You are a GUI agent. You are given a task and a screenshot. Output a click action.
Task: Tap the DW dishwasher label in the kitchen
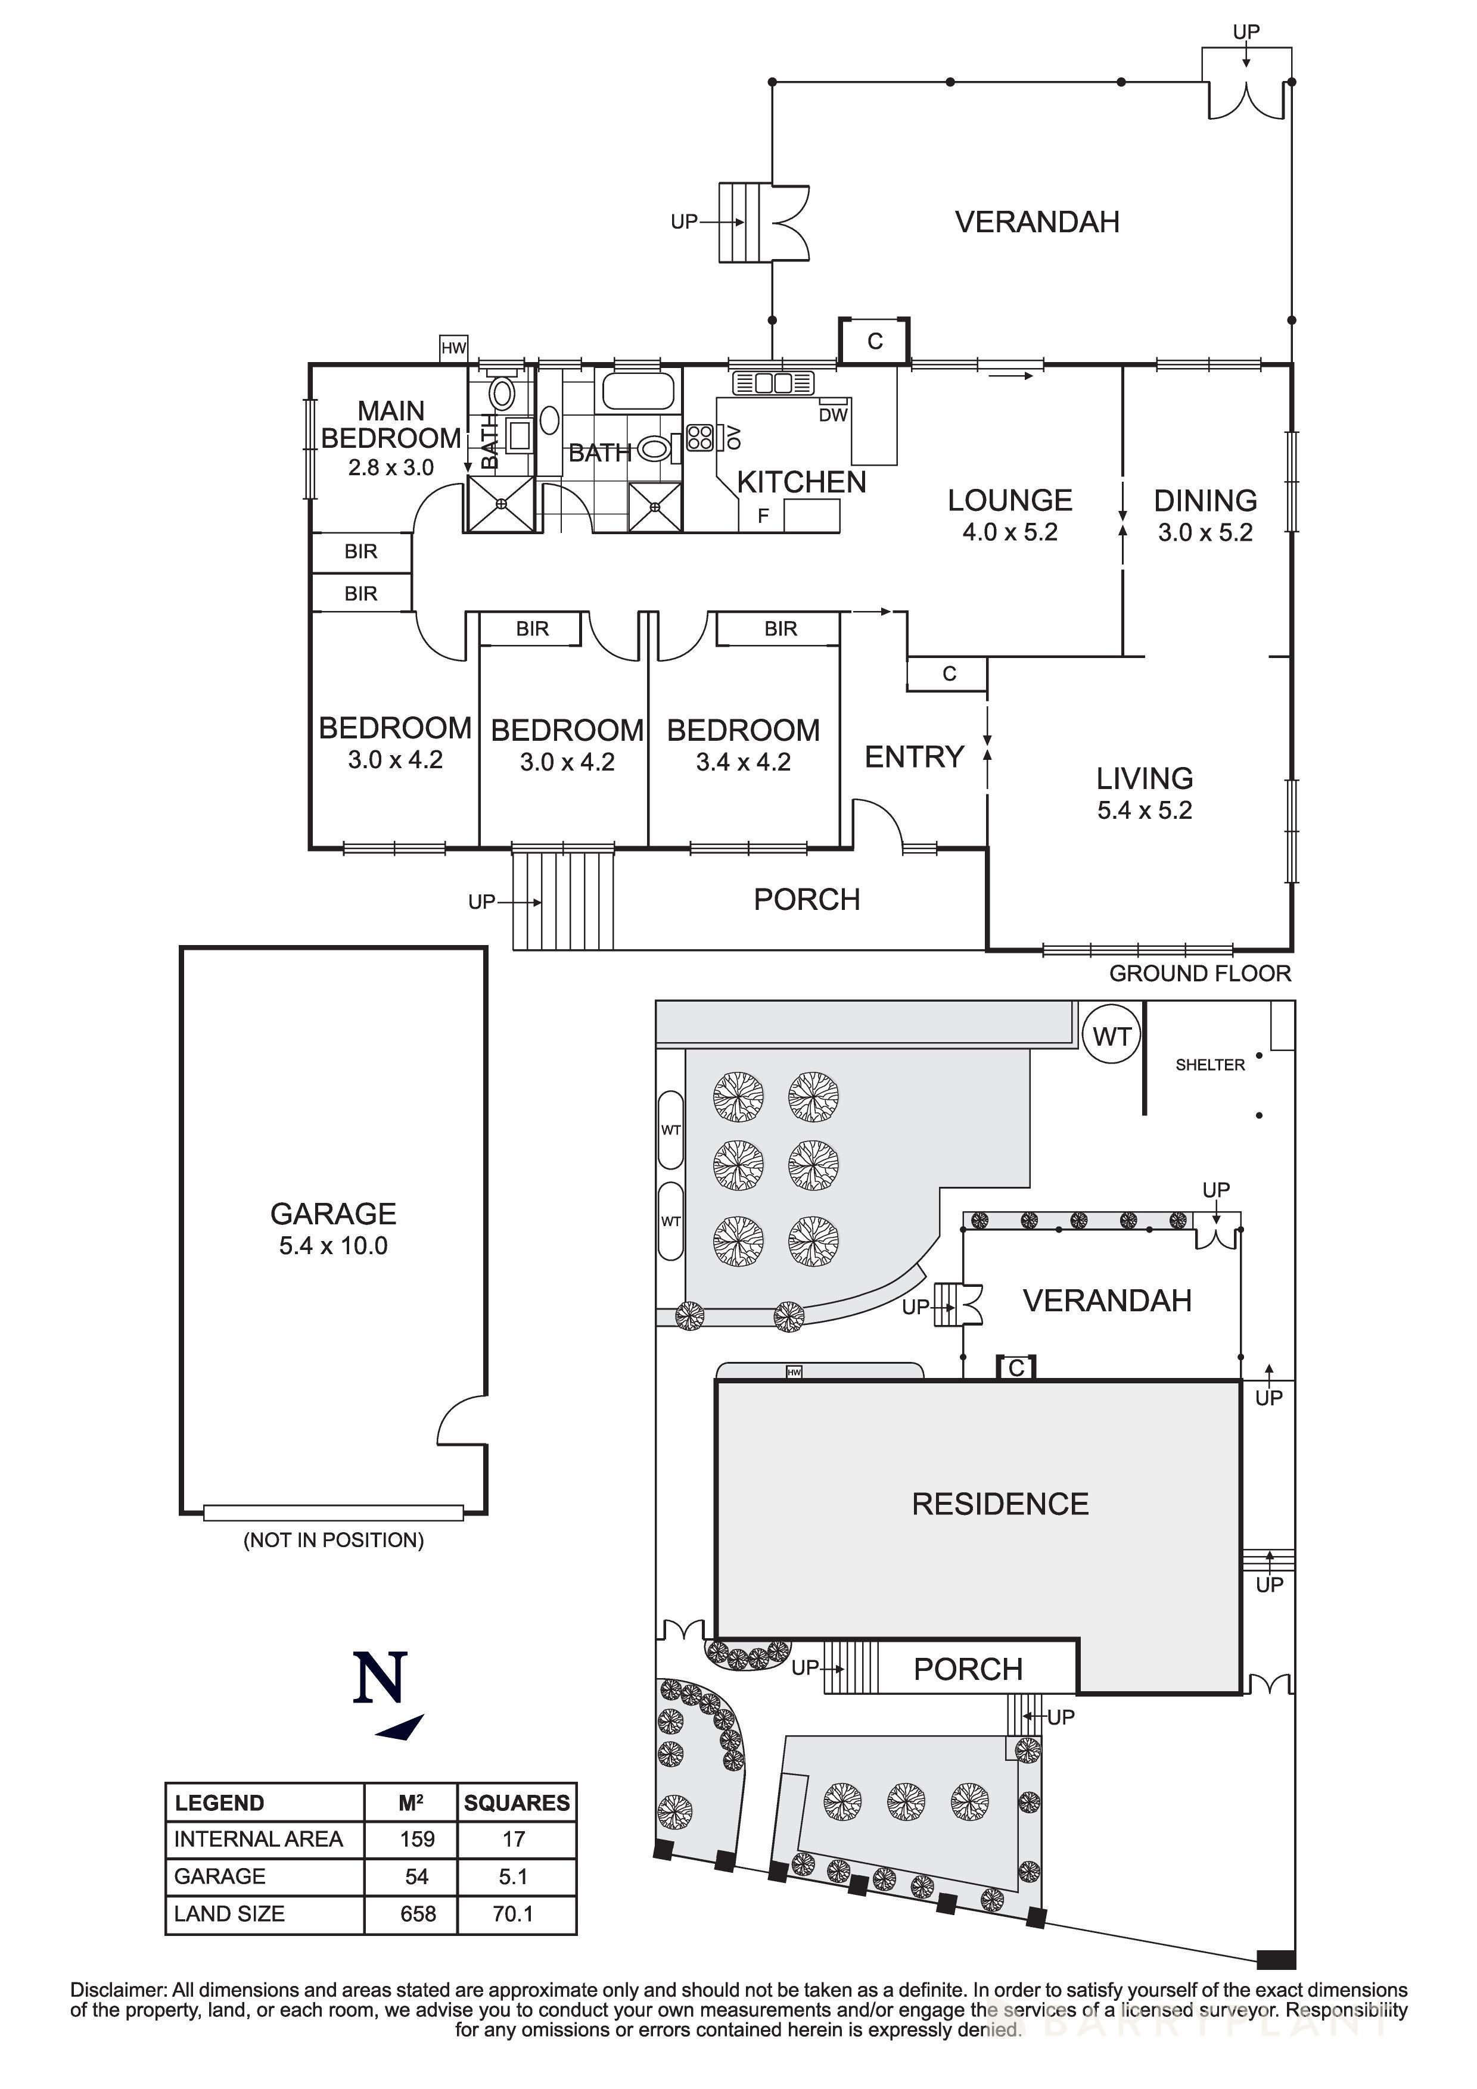tap(833, 415)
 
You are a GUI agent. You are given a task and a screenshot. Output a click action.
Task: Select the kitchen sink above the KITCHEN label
tap(772, 383)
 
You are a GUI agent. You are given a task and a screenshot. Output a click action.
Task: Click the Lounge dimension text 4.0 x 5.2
tap(1010, 532)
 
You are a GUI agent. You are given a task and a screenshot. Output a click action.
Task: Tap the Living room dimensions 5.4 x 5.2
tap(1144, 810)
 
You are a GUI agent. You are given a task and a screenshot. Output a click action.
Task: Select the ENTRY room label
tap(914, 757)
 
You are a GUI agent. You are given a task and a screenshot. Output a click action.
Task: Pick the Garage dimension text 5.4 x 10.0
tap(333, 1246)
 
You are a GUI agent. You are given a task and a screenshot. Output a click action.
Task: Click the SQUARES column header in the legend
tap(516, 1803)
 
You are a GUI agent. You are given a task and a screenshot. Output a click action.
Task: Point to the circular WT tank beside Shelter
tap(1111, 1036)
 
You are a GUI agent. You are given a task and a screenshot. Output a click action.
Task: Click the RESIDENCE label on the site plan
tap(1000, 1504)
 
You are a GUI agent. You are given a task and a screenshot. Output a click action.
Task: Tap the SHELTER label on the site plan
tap(1209, 1065)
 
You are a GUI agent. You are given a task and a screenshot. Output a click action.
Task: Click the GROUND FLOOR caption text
tap(1199, 974)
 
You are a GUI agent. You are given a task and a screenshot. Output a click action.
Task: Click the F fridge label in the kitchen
tap(764, 516)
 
